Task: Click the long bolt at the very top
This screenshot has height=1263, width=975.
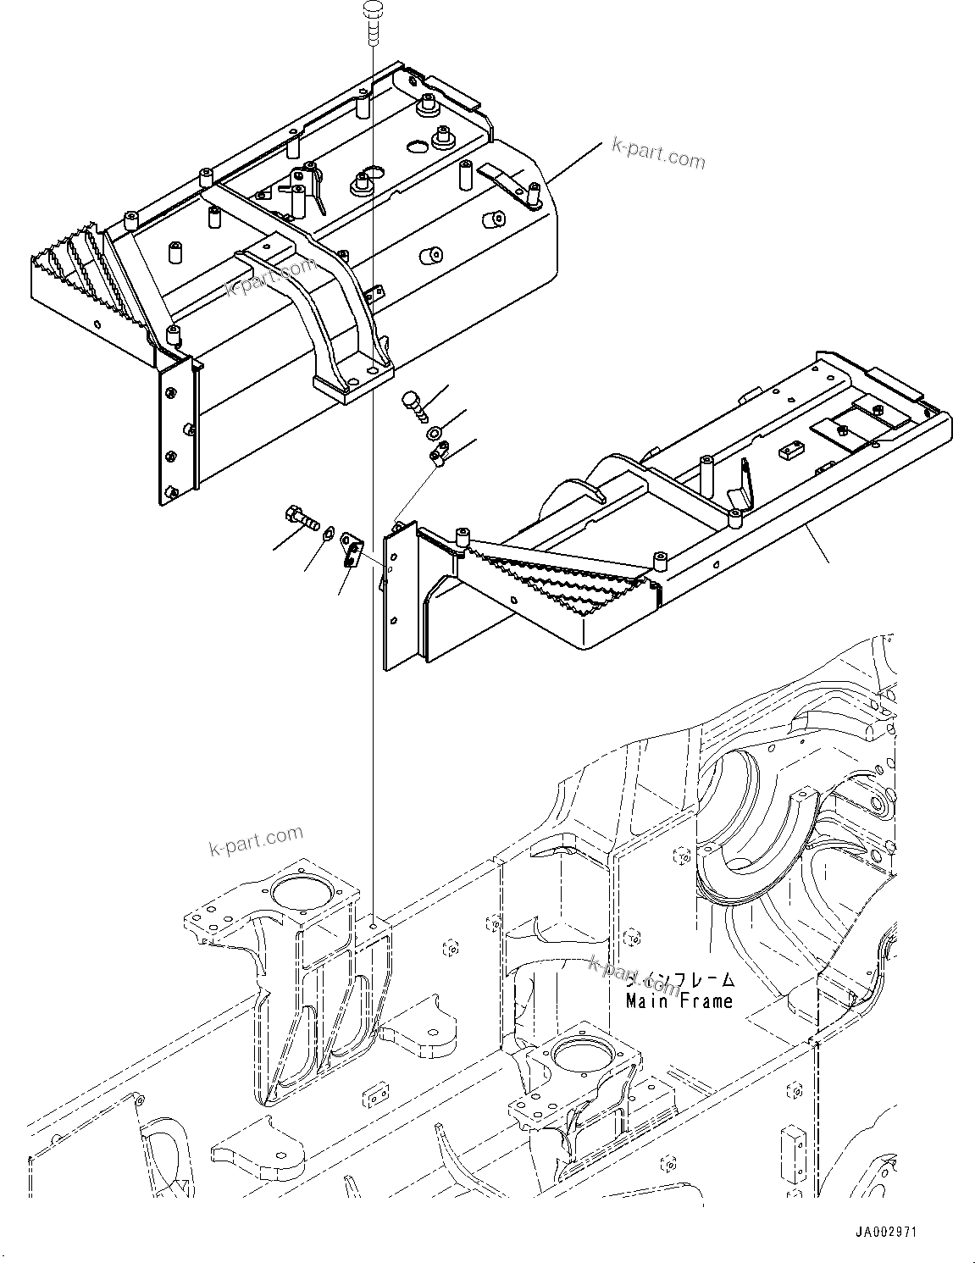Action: coord(372,22)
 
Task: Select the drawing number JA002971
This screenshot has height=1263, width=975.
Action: coord(886,1232)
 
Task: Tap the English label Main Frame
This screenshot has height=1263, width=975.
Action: coord(679,1000)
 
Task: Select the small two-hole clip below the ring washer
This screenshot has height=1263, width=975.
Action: coord(439,458)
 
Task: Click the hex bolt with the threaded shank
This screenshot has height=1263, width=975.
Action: coord(297,517)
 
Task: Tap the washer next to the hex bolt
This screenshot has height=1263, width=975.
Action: coord(327,530)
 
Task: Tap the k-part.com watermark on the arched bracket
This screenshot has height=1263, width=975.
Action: coord(259,277)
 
